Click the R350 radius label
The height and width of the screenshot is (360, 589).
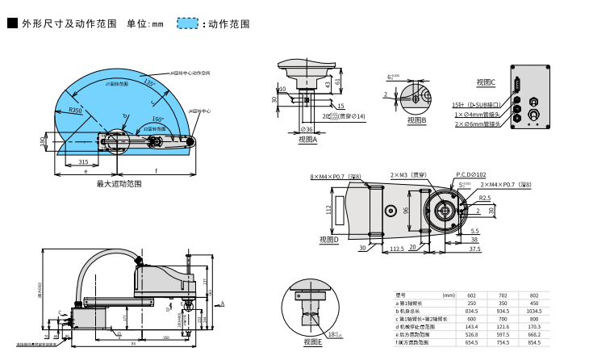tap(75, 110)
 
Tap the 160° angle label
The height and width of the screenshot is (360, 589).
tap(158, 119)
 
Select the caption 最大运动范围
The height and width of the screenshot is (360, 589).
tap(119, 184)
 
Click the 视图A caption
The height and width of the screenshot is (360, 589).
tap(307, 140)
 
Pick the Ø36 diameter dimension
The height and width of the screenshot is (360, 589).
tap(307, 129)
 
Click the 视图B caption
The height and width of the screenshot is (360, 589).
tap(416, 120)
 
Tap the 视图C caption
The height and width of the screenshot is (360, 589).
tap(486, 82)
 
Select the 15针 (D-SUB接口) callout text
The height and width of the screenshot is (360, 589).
tap(474, 105)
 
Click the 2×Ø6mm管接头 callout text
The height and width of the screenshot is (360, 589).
tap(478, 124)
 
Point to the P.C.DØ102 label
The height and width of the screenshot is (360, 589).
tap(471, 174)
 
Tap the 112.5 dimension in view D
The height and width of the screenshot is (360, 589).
tap(397, 249)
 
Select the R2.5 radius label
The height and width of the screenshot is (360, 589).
tap(485, 198)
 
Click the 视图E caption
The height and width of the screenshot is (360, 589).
tap(312, 341)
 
